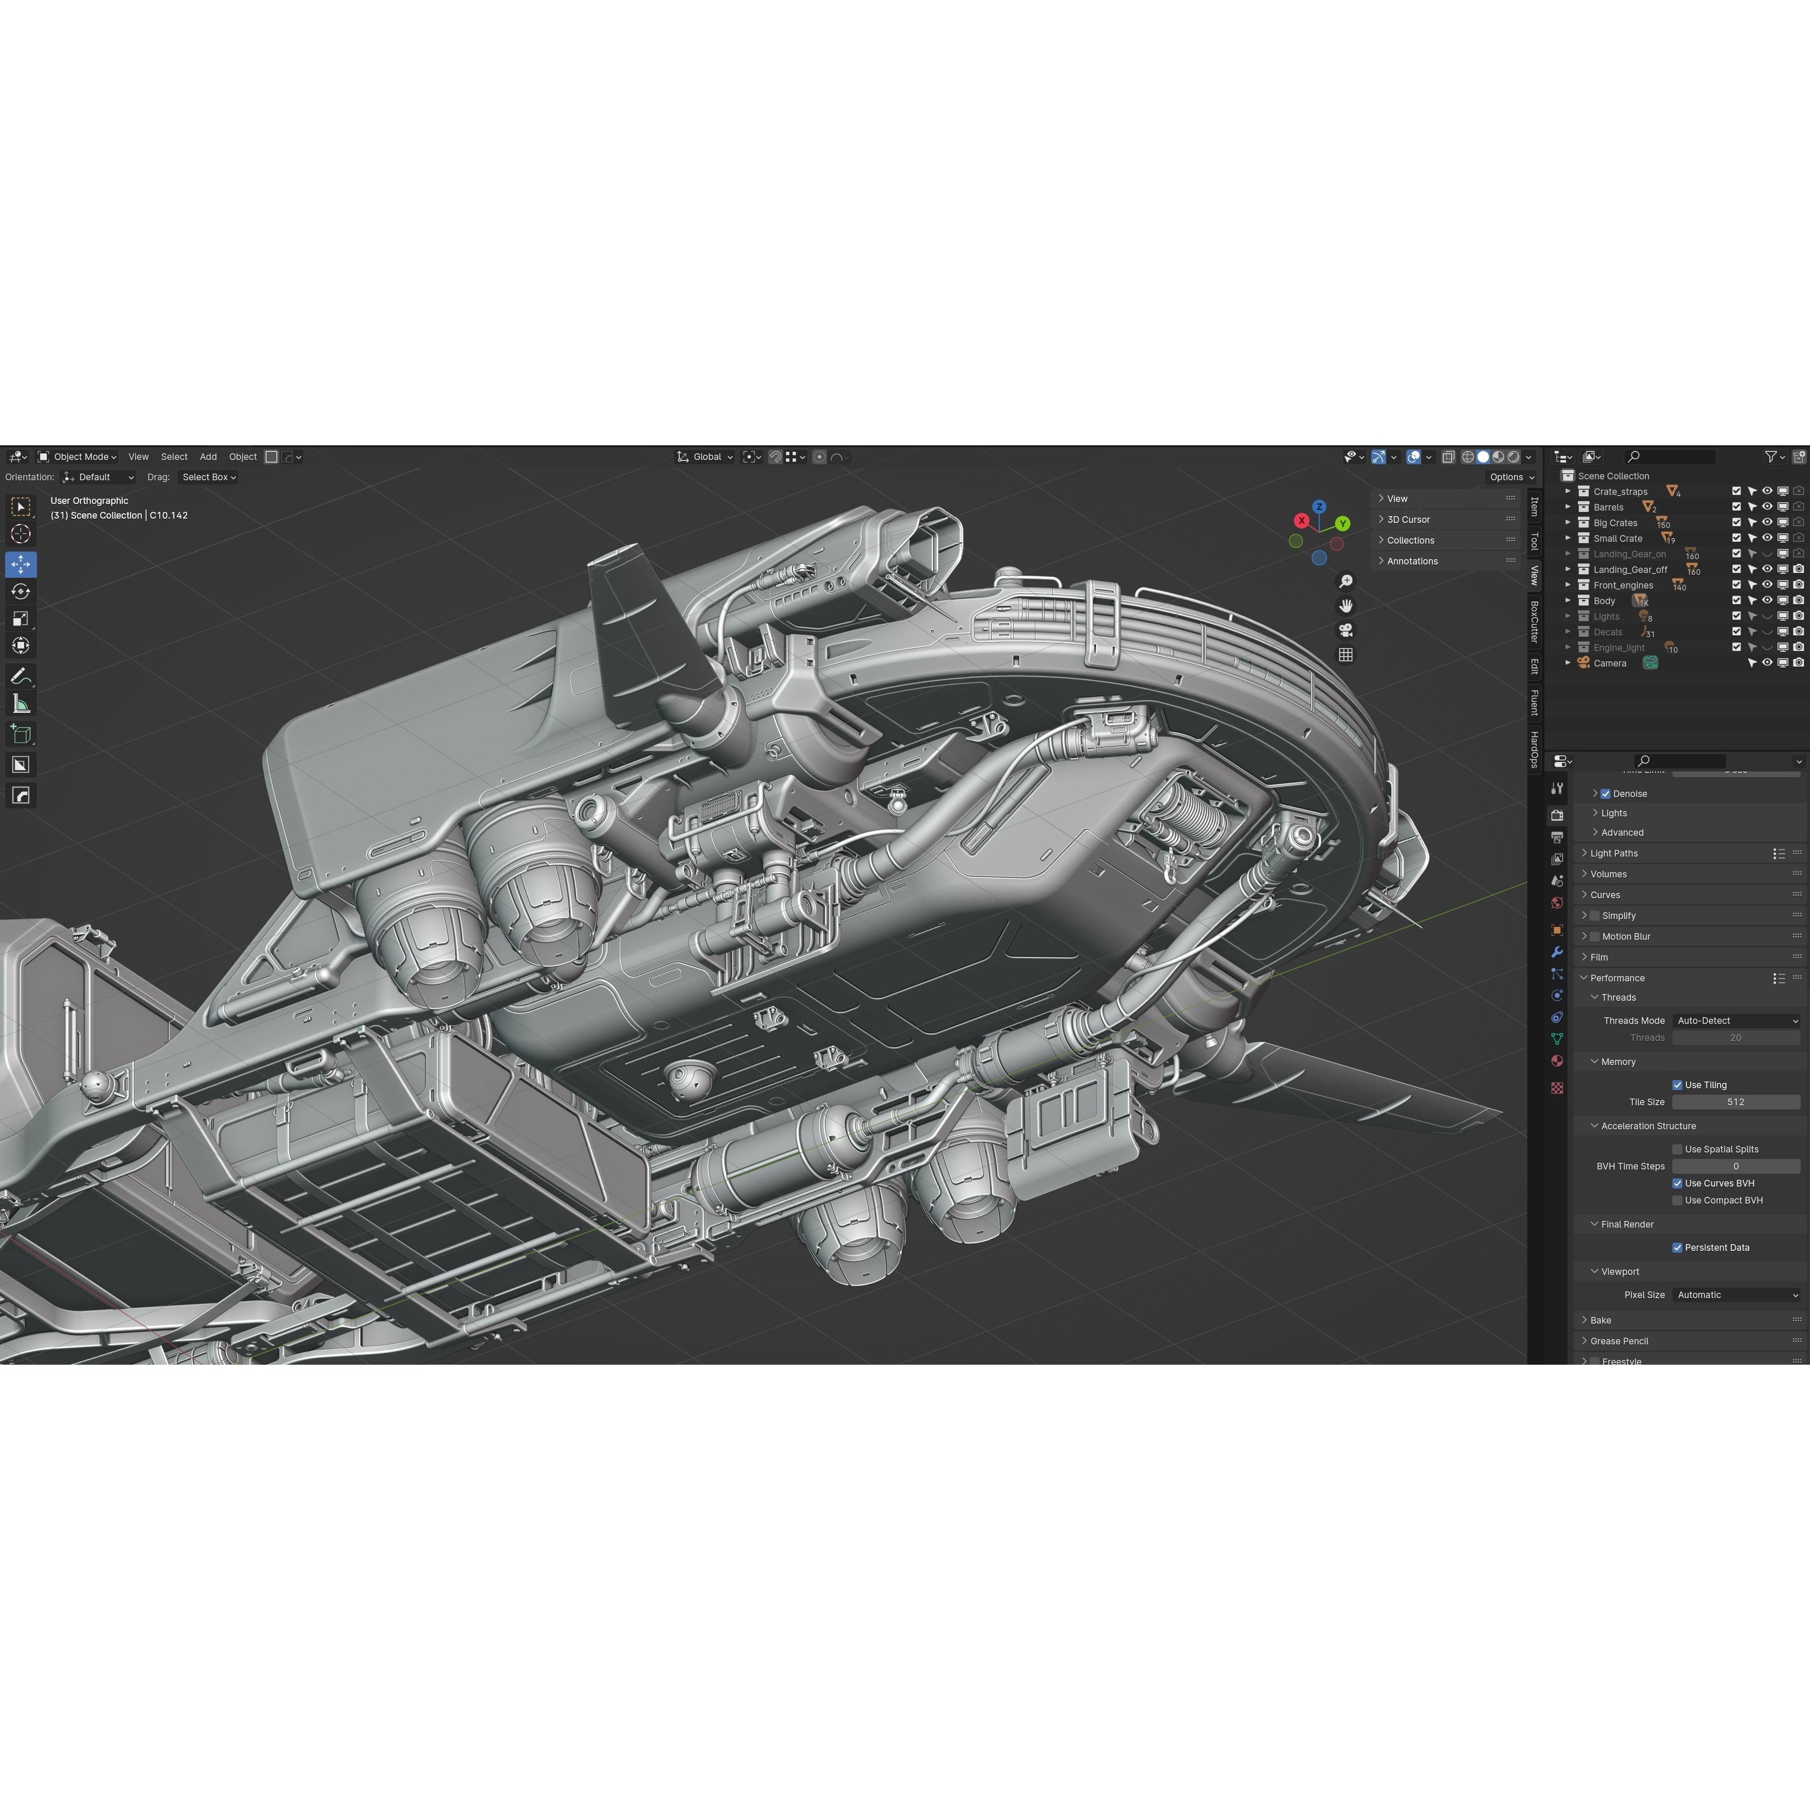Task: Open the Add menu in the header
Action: coord(208,457)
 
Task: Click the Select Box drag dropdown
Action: coord(208,477)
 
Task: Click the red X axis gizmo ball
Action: coord(1301,521)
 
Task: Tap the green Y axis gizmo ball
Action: coord(1342,524)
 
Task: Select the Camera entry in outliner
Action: coord(1610,663)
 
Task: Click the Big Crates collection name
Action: coord(1615,523)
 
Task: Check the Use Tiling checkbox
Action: coord(1677,1085)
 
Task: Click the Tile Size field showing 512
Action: coord(1735,1102)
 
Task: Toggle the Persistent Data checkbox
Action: coord(1677,1247)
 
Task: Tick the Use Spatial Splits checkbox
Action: coord(1677,1149)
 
